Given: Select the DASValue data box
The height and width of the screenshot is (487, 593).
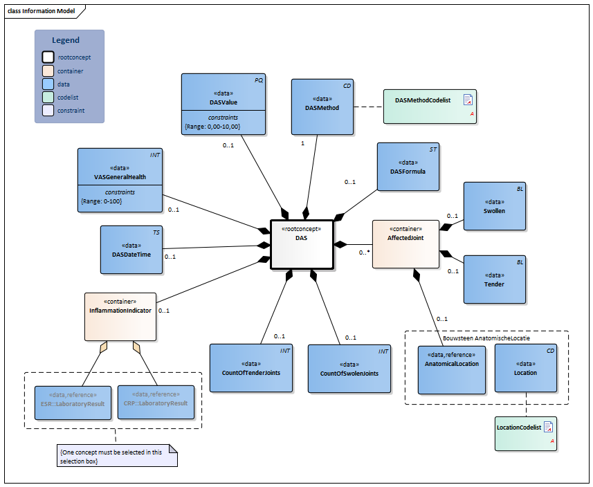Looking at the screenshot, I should [x=224, y=104].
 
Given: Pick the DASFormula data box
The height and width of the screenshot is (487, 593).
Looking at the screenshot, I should [x=408, y=167].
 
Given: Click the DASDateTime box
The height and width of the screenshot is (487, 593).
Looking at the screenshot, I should [x=131, y=250].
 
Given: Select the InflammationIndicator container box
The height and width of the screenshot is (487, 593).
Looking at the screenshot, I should [x=120, y=316].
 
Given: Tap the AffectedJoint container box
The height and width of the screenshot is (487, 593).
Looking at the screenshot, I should [x=405, y=243].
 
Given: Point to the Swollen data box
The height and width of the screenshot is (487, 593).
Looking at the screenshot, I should [x=494, y=206].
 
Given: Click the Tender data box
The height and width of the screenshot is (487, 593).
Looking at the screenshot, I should [x=494, y=279].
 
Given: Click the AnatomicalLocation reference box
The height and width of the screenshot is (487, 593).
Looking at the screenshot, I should [x=452, y=369].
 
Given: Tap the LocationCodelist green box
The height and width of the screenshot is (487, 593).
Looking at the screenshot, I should [x=526, y=432].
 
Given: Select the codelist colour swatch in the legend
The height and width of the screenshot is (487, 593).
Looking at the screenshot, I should [x=47, y=96].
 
